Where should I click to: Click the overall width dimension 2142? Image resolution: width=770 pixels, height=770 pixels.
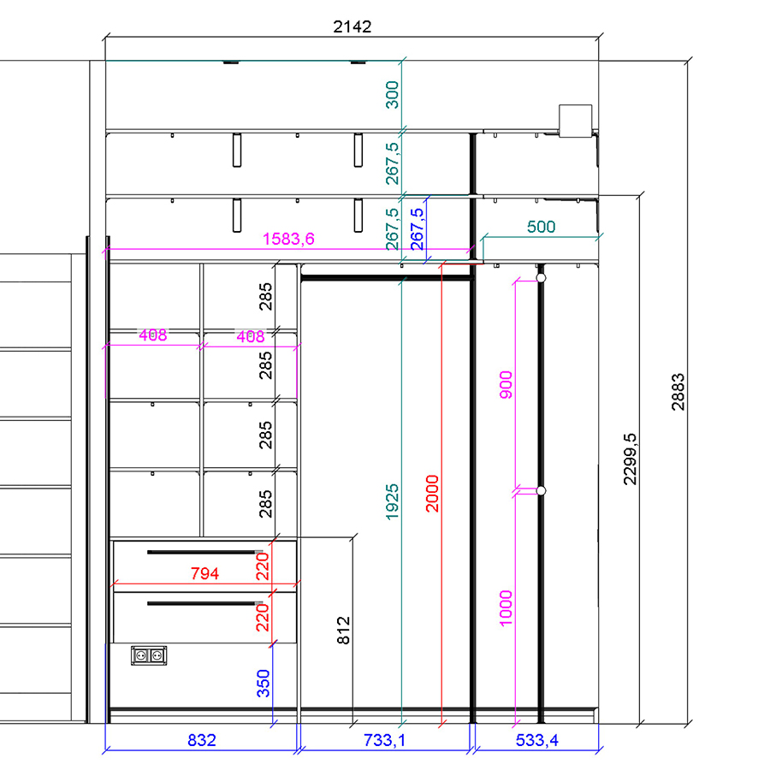[352, 27]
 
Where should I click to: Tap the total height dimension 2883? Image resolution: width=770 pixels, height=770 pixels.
[678, 391]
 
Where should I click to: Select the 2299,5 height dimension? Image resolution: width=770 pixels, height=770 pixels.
[630, 459]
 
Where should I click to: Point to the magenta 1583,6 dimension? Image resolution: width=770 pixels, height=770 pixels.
[289, 239]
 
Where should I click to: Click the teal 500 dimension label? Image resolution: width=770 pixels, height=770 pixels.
[541, 227]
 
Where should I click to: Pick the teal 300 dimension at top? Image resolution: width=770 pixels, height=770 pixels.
[392, 94]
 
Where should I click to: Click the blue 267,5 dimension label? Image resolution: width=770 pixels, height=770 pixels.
[417, 228]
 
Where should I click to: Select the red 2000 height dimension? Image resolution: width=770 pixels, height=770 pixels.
[432, 494]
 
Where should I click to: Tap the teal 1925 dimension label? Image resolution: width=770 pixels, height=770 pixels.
[392, 502]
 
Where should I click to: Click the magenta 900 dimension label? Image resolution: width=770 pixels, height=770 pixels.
[506, 385]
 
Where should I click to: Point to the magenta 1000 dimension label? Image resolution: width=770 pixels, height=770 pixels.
[506, 608]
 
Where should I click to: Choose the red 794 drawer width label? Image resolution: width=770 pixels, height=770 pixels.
[204, 573]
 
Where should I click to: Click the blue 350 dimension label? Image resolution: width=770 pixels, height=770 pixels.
[264, 683]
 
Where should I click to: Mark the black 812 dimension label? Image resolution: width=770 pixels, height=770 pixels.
[343, 630]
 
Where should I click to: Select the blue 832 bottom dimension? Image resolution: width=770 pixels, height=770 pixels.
[202, 740]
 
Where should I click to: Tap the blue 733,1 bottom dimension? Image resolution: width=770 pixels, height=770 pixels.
[384, 740]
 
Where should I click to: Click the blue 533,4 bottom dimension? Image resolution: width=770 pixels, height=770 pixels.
[536, 740]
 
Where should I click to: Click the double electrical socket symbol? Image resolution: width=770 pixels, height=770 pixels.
[149, 655]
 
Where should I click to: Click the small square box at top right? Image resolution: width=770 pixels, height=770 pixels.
[576, 121]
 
